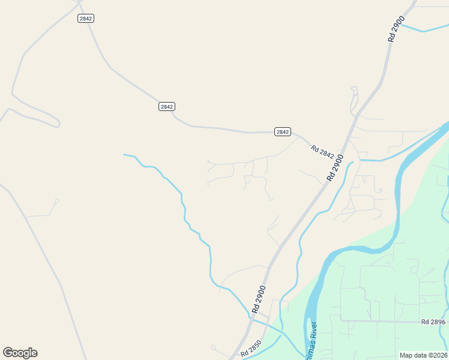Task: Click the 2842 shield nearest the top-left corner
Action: tap(86, 19)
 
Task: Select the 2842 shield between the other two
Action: tap(167, 107)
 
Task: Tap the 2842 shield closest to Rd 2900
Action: tap(282, 132)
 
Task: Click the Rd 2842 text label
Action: tap(322, 152)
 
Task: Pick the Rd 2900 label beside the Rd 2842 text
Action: tap(336, 168)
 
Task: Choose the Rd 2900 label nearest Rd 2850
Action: tap(259, 299)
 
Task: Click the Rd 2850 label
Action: tap(252, 349)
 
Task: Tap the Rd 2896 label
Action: tap(433, 322)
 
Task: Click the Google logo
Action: tap(20, 353)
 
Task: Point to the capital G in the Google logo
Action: tap(8, 353)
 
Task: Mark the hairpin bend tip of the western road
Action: tap(59, 124)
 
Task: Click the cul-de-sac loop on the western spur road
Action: tap(56, 201)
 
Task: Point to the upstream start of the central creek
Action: tap(124, 155)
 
